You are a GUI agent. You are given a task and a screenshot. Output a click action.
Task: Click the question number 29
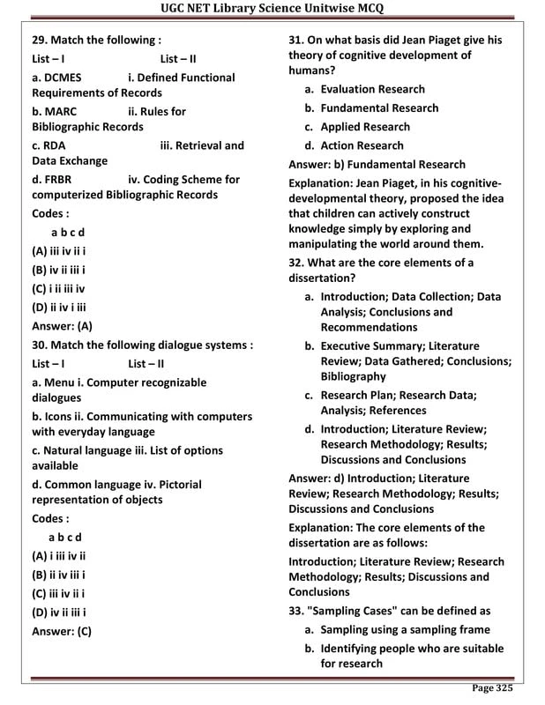coord(41,41)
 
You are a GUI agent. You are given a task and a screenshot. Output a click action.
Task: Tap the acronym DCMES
coord(62,78)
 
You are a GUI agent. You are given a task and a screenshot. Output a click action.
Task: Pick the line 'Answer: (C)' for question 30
coord(62,631)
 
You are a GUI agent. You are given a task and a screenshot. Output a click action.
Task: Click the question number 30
coord(41,345)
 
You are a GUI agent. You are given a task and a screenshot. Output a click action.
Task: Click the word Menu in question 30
coord(60,382)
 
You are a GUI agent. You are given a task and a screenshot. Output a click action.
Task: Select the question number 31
coord(298,41)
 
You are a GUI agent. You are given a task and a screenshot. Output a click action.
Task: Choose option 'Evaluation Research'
coord(372,89)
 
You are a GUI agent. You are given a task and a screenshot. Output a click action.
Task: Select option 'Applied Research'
coord(365,127)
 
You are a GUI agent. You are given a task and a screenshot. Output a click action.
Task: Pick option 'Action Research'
coord(362,145)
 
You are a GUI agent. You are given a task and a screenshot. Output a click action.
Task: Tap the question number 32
coord(298,263)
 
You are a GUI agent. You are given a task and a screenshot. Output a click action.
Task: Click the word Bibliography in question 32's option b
coord(354,376)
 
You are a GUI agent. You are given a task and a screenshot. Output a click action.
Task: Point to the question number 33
coord(298,611)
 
